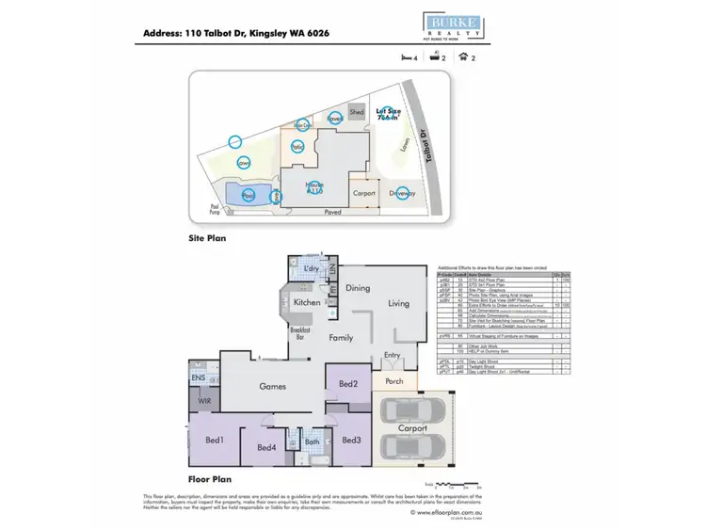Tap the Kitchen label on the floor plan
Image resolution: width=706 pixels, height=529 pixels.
pos(307,302)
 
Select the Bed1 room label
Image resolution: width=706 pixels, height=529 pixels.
pos(216,440)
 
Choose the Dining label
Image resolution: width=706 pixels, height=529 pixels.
pos(357,288)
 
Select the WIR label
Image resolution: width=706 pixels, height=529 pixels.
pos(203,401)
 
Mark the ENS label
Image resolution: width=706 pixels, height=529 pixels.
pos(199,377)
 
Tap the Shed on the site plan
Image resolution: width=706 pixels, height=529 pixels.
pos(357,112)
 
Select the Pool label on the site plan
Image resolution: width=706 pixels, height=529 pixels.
pos(249,195)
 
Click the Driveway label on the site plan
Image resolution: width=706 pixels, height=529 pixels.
pos(402,193)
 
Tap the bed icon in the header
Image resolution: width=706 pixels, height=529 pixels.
pos(407,57)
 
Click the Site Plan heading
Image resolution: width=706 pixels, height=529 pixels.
pos(208,238)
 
